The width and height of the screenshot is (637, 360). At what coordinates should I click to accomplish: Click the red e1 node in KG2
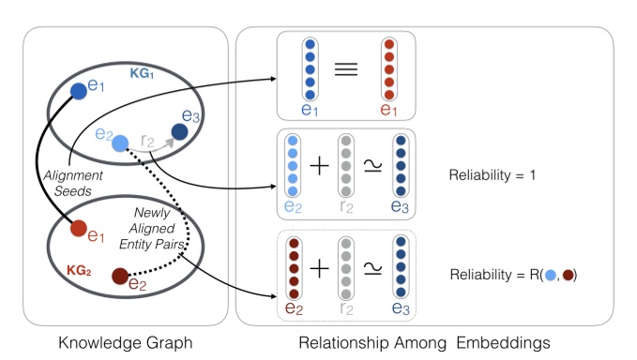[x=80, y=228]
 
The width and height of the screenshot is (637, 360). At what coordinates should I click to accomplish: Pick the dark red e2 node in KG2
[x=119, y=277]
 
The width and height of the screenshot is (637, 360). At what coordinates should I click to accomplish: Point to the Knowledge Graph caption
[x=124, y=343]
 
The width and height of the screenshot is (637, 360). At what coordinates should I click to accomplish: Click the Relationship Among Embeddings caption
[x=426, y=343]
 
